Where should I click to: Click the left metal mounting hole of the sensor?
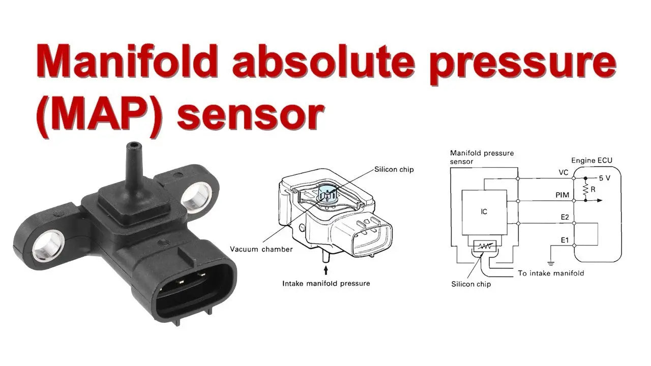pyautogui.click(x=49, y=245)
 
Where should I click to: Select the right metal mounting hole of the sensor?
pyautogui.click(x=197, y=196)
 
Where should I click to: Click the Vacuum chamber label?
pyautogui.click(x=261, y=249)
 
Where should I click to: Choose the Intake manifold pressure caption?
pyautogui.click(x=326, y=283)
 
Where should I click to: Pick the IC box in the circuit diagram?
pyautogui.click(x=484, y=211)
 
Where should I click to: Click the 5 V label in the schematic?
pyautogui.click(x=605, y=178)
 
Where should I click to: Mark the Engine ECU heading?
pyautogui.click(x=591, y=161)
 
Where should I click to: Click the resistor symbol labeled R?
pyautogui.click(x=585, y=189)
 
